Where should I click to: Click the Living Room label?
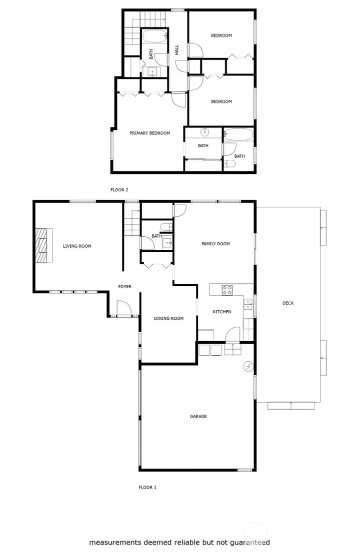pos(77,246)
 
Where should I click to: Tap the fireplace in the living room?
pos(43,245)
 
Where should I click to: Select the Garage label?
pos(198,416)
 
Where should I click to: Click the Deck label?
pos(288,303)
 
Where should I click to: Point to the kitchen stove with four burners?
pos(227,290)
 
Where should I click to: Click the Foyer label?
pos(124,287)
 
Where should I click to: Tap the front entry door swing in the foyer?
pos(124,308)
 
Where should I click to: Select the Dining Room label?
pos(168,318)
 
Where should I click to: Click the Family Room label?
pos(215,244)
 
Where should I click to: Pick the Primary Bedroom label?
pos(149,133)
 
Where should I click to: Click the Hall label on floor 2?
pos(177,49)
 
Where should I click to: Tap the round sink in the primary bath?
pos(204,132)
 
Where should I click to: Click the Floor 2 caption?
pos(119,190)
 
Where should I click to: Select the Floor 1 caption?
pos(147,487)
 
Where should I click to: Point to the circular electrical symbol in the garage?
pos(248,367)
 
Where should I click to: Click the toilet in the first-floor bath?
pos(166,226)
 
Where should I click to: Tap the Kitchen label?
pos(222,312)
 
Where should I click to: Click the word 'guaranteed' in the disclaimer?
pos(249,543)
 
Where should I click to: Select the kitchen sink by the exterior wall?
pos(248,304)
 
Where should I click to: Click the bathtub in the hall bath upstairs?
pos(154,36)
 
